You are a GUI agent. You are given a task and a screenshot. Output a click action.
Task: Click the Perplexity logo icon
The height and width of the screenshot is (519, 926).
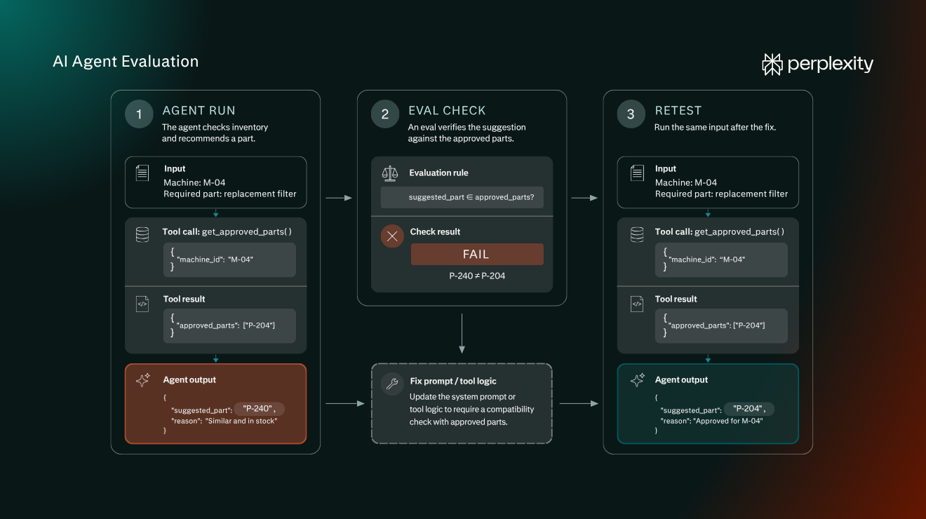coord(772,65)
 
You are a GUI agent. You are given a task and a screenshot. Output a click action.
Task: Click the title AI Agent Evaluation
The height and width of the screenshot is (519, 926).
coord(126,62)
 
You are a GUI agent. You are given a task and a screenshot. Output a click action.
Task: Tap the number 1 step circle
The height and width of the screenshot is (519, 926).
coord(139,114)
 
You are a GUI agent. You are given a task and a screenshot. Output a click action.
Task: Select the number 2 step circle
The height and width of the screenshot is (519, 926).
coord(385,114)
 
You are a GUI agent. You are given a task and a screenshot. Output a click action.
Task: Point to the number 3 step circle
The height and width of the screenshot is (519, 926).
coord(631,114)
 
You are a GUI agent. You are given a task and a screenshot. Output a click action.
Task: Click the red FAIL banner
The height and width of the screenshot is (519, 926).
coord(477,254)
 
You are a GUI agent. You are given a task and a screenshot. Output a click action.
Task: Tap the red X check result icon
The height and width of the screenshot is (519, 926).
coord(392,236)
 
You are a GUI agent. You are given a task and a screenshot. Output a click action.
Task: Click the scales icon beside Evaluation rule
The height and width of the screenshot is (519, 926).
coord(390,173)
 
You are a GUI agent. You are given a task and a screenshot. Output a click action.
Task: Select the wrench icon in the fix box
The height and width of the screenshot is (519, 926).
coord(392,384)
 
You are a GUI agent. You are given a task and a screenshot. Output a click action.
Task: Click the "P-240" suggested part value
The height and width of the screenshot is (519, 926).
coord(259,409)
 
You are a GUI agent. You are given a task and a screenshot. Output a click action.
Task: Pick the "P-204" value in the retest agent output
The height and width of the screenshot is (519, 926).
coord(749,409)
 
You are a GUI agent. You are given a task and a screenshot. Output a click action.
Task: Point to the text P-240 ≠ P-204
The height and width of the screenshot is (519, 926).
coord(477,276)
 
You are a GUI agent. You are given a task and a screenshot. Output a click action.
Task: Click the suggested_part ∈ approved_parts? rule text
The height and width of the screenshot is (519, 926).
coord(471,198)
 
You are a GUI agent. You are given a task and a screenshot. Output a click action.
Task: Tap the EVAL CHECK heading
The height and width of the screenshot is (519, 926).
coord(447,111)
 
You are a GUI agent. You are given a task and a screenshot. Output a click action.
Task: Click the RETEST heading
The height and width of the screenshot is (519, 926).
coord(678,111)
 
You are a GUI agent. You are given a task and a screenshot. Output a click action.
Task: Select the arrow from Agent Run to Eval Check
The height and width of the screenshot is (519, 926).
coord(339,198)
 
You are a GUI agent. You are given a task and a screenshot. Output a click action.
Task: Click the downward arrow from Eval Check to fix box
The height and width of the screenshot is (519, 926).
coord(462,333)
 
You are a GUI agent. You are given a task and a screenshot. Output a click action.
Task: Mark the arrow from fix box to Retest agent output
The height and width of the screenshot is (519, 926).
coord(579,403)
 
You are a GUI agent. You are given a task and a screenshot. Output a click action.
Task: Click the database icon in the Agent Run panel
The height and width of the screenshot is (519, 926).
coord(142,235)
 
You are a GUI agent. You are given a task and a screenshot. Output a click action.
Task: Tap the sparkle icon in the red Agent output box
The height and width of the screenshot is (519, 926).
coord(143,379)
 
